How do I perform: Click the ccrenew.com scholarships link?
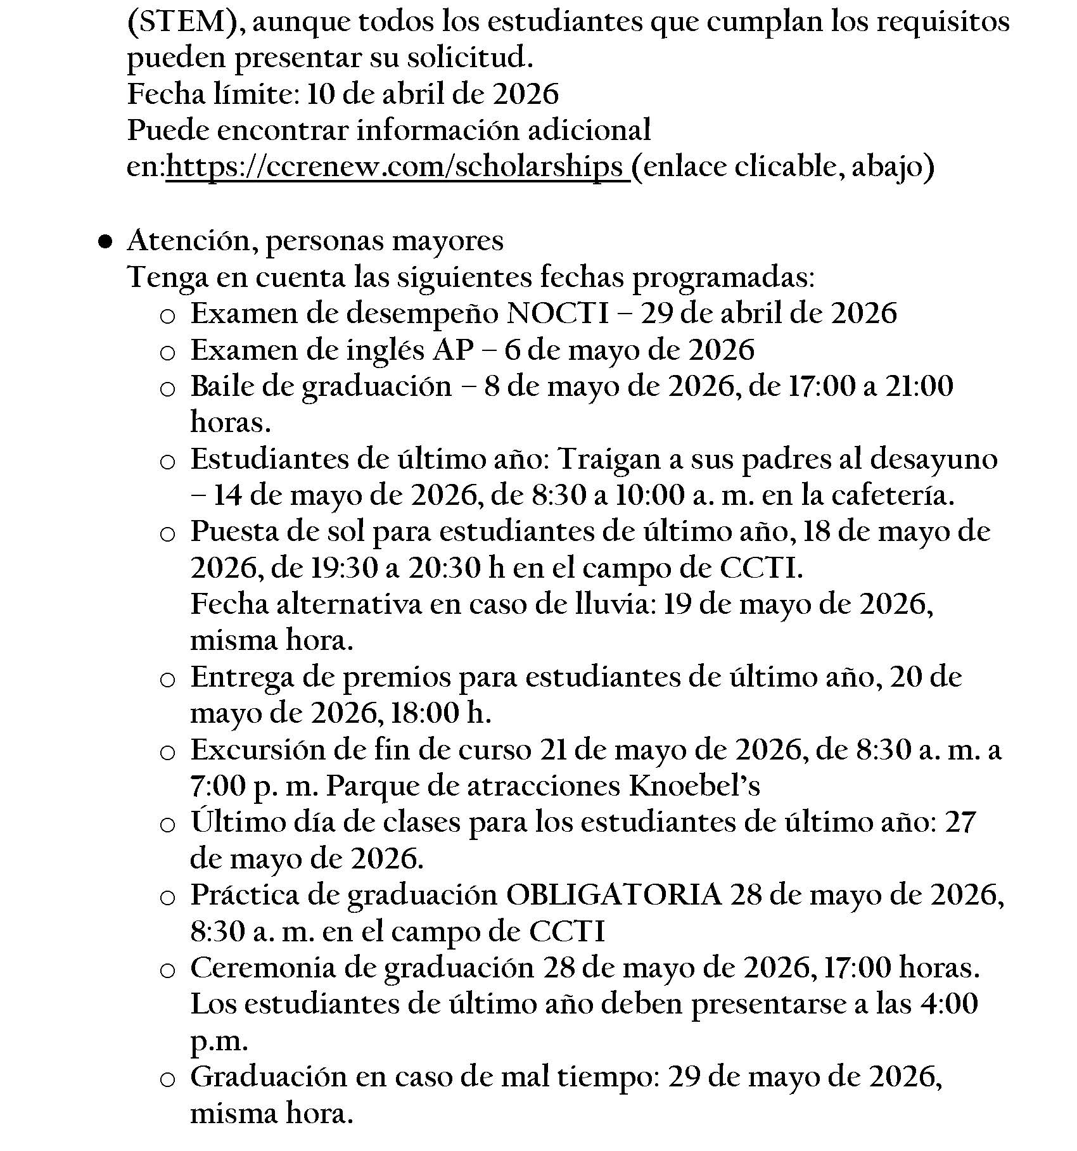(x=397, y=167)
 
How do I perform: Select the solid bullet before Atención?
(x=106, y=241)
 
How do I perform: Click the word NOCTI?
(x=558, y=314)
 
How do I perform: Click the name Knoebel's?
(x=694, y=786)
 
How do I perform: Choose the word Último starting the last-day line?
(x=229, y=822)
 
